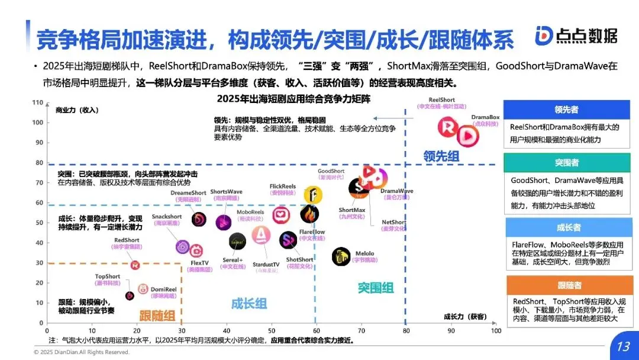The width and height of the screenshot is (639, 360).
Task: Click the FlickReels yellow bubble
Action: click(x=313, y=194)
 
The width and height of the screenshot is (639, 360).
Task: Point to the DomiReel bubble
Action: click(x=143, y=289)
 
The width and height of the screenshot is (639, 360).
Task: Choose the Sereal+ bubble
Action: click(x=237, y=241)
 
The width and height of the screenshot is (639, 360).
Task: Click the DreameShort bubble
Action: click(x=199, y=219)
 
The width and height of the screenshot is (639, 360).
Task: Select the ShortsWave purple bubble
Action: click(x=224, y=223)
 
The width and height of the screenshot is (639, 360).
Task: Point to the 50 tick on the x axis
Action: click(x=272, y=330)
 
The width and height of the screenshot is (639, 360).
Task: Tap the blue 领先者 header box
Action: click(x=566, y=110)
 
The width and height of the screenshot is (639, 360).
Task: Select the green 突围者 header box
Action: click(x=566, y=163)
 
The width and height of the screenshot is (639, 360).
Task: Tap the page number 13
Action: click(x=623, y=346)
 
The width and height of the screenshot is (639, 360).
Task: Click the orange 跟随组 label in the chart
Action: click(x=157, y=314)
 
